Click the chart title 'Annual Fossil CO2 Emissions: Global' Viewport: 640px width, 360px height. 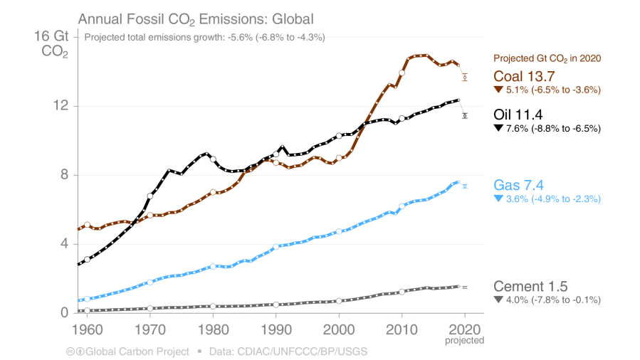click(195, 18)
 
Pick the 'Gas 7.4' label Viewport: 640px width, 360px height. click(519, 186)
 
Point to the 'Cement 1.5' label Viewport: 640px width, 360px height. click(530, 287)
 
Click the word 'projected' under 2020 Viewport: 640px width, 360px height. click(465, 340)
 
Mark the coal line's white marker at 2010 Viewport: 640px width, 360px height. click(402, 73)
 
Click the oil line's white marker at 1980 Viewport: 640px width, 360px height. click(213, 159)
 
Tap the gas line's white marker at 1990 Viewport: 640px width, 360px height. click(276, 246)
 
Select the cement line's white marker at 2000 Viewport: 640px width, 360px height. click(339, 301)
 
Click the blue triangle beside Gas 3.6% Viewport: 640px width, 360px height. click(498, 199)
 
